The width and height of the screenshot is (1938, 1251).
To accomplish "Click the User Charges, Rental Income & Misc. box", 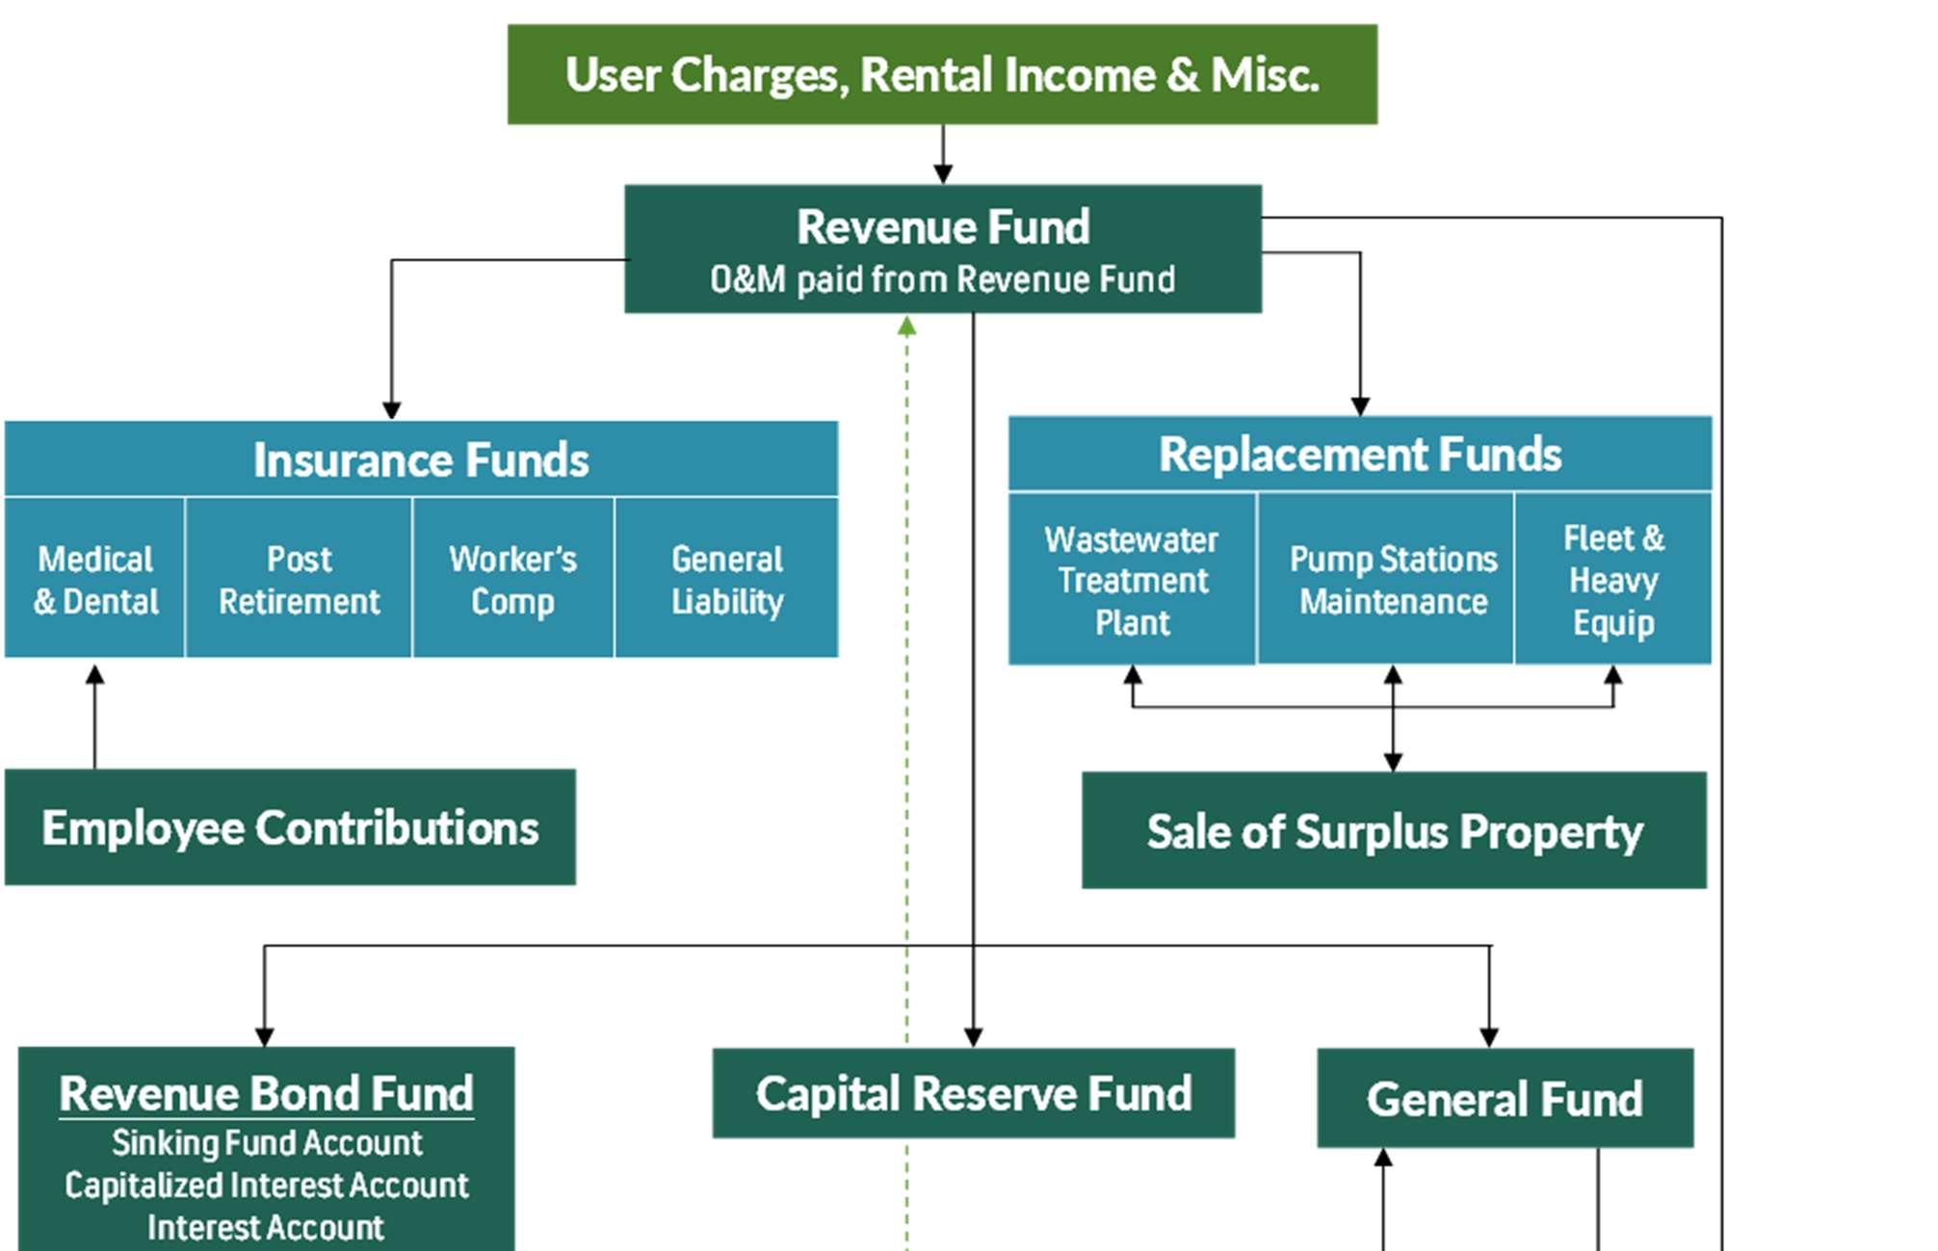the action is pyautogui.click(x=942, y=74).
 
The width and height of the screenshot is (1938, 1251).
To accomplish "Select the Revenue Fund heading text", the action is pyautogui.click(x=943, y=227).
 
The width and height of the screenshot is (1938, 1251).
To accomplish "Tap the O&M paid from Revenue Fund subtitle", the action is pyautogui.click(x=943, y=279).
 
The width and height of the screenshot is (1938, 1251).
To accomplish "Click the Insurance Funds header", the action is pyautogui.click(x=421, y=458).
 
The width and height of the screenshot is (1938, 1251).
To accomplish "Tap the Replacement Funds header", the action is pyautogui.click(x=1360, y=454).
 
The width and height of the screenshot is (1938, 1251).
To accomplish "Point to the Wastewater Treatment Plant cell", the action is pyautogui.click(x=1132, y=579).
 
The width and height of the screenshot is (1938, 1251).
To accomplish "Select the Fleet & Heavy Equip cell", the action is pyautogui.click(x=1613, y=579).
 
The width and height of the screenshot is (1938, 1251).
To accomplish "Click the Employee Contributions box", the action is pyautogui.click(x=290, y=827).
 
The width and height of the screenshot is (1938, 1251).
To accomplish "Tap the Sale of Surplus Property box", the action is pyautogui.click(x=1394, y=830).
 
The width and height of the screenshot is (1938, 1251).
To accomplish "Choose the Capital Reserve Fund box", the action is pyautogui.click(x=973, y=1093).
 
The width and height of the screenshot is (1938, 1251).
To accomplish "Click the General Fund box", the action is pyautogui.click(x=1505, y=1098).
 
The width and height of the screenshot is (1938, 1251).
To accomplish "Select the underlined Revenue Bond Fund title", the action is pyautogui.click(x=266, y=1094).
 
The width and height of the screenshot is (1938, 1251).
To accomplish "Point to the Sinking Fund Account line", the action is pyautogui.click(x=267, y=1143).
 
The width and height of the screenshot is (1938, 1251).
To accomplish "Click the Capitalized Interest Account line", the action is pyautogui.click(x=267, y=1186).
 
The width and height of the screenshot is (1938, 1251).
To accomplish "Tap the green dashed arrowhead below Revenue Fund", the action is pyautogui.click(x=906, y=326).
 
